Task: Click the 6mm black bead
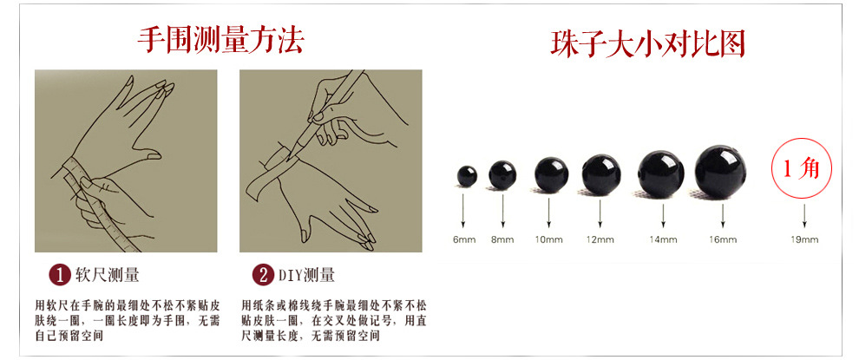(466, 176)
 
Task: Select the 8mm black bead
(502, 174)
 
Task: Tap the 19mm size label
(804, 239)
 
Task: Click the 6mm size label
(465, 239)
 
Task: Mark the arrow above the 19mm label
(804, 215)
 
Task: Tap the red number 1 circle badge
(58, 276)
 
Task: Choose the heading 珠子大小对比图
(648, 43)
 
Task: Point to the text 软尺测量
(108, 276)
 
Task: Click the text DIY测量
(307, 276)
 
